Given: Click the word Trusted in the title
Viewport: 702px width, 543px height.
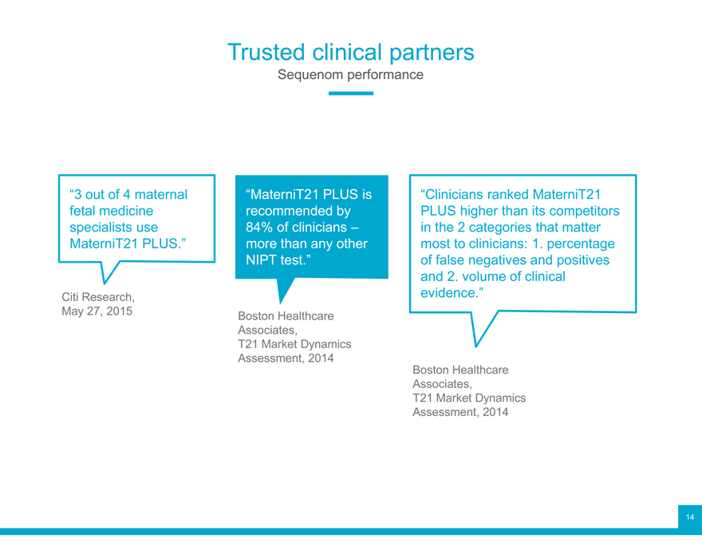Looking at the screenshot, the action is pos(266,52).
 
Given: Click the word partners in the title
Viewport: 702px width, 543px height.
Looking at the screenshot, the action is pos(432,53).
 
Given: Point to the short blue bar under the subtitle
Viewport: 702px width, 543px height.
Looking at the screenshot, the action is pos(350,93).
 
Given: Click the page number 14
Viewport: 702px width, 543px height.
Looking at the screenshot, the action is pos(690,517).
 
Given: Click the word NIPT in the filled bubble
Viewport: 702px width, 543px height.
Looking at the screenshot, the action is pos(262,260).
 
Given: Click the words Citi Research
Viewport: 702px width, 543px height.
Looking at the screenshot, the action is pos(98,297).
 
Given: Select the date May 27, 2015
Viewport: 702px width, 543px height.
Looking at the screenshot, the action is pos(97,311).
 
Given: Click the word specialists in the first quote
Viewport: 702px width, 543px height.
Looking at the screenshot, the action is pos(101,228).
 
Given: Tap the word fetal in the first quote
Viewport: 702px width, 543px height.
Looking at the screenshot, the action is pos(81,211).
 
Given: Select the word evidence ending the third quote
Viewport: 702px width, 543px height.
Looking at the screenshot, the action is pos(449,293).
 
